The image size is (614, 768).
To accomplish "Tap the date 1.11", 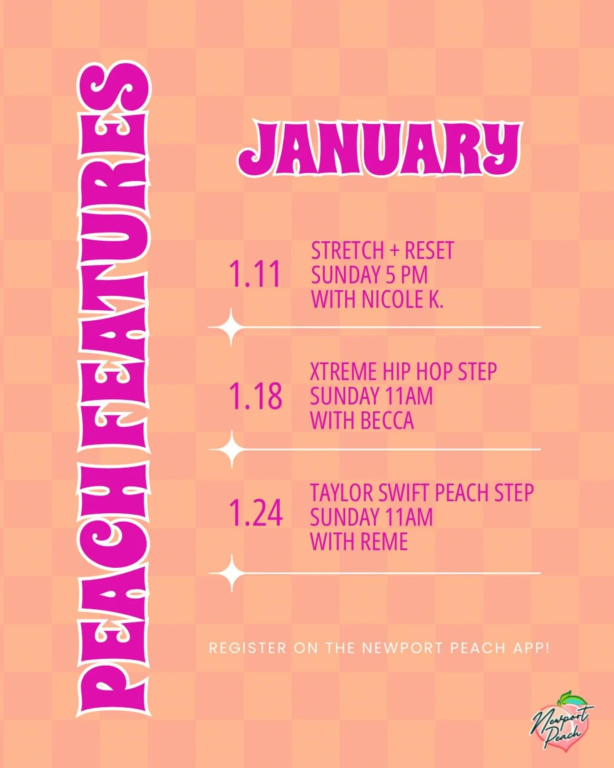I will [255, 274].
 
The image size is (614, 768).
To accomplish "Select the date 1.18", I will [255, 396].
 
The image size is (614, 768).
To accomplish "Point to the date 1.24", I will [256, 513].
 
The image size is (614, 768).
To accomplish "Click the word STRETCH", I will [347, 251].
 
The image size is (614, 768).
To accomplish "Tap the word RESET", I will [429, 251].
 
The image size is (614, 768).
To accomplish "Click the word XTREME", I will [343, 372].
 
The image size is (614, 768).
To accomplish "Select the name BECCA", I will [388, 420].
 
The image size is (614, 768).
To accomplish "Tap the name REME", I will [384, 541].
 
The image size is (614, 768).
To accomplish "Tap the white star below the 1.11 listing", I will [232, 327].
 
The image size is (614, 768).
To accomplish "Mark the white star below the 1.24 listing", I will [232, 573].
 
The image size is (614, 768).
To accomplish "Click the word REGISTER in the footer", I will [247, 648].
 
